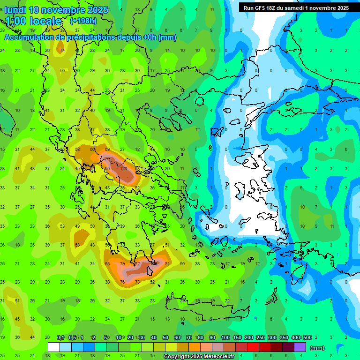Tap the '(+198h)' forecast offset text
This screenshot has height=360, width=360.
point(83,21)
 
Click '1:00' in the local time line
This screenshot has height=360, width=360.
point(15,21)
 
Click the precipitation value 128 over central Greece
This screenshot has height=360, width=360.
point(124,168)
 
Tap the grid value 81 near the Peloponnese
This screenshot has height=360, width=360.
point(167,264)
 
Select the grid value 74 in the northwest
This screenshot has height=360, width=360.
point(62,51)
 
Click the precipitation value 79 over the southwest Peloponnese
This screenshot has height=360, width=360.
point(123,264)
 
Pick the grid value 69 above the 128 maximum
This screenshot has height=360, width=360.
point(107,149)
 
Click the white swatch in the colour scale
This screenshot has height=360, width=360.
point(54,347)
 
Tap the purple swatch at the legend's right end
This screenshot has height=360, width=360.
point(300,347)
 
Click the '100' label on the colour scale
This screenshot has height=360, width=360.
point(225,338)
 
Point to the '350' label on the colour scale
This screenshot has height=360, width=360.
point(284,338)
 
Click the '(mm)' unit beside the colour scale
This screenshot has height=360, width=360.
point(317,348)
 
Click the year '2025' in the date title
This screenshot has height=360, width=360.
point(97,10)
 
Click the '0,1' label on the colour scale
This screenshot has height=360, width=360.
point(60,338)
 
